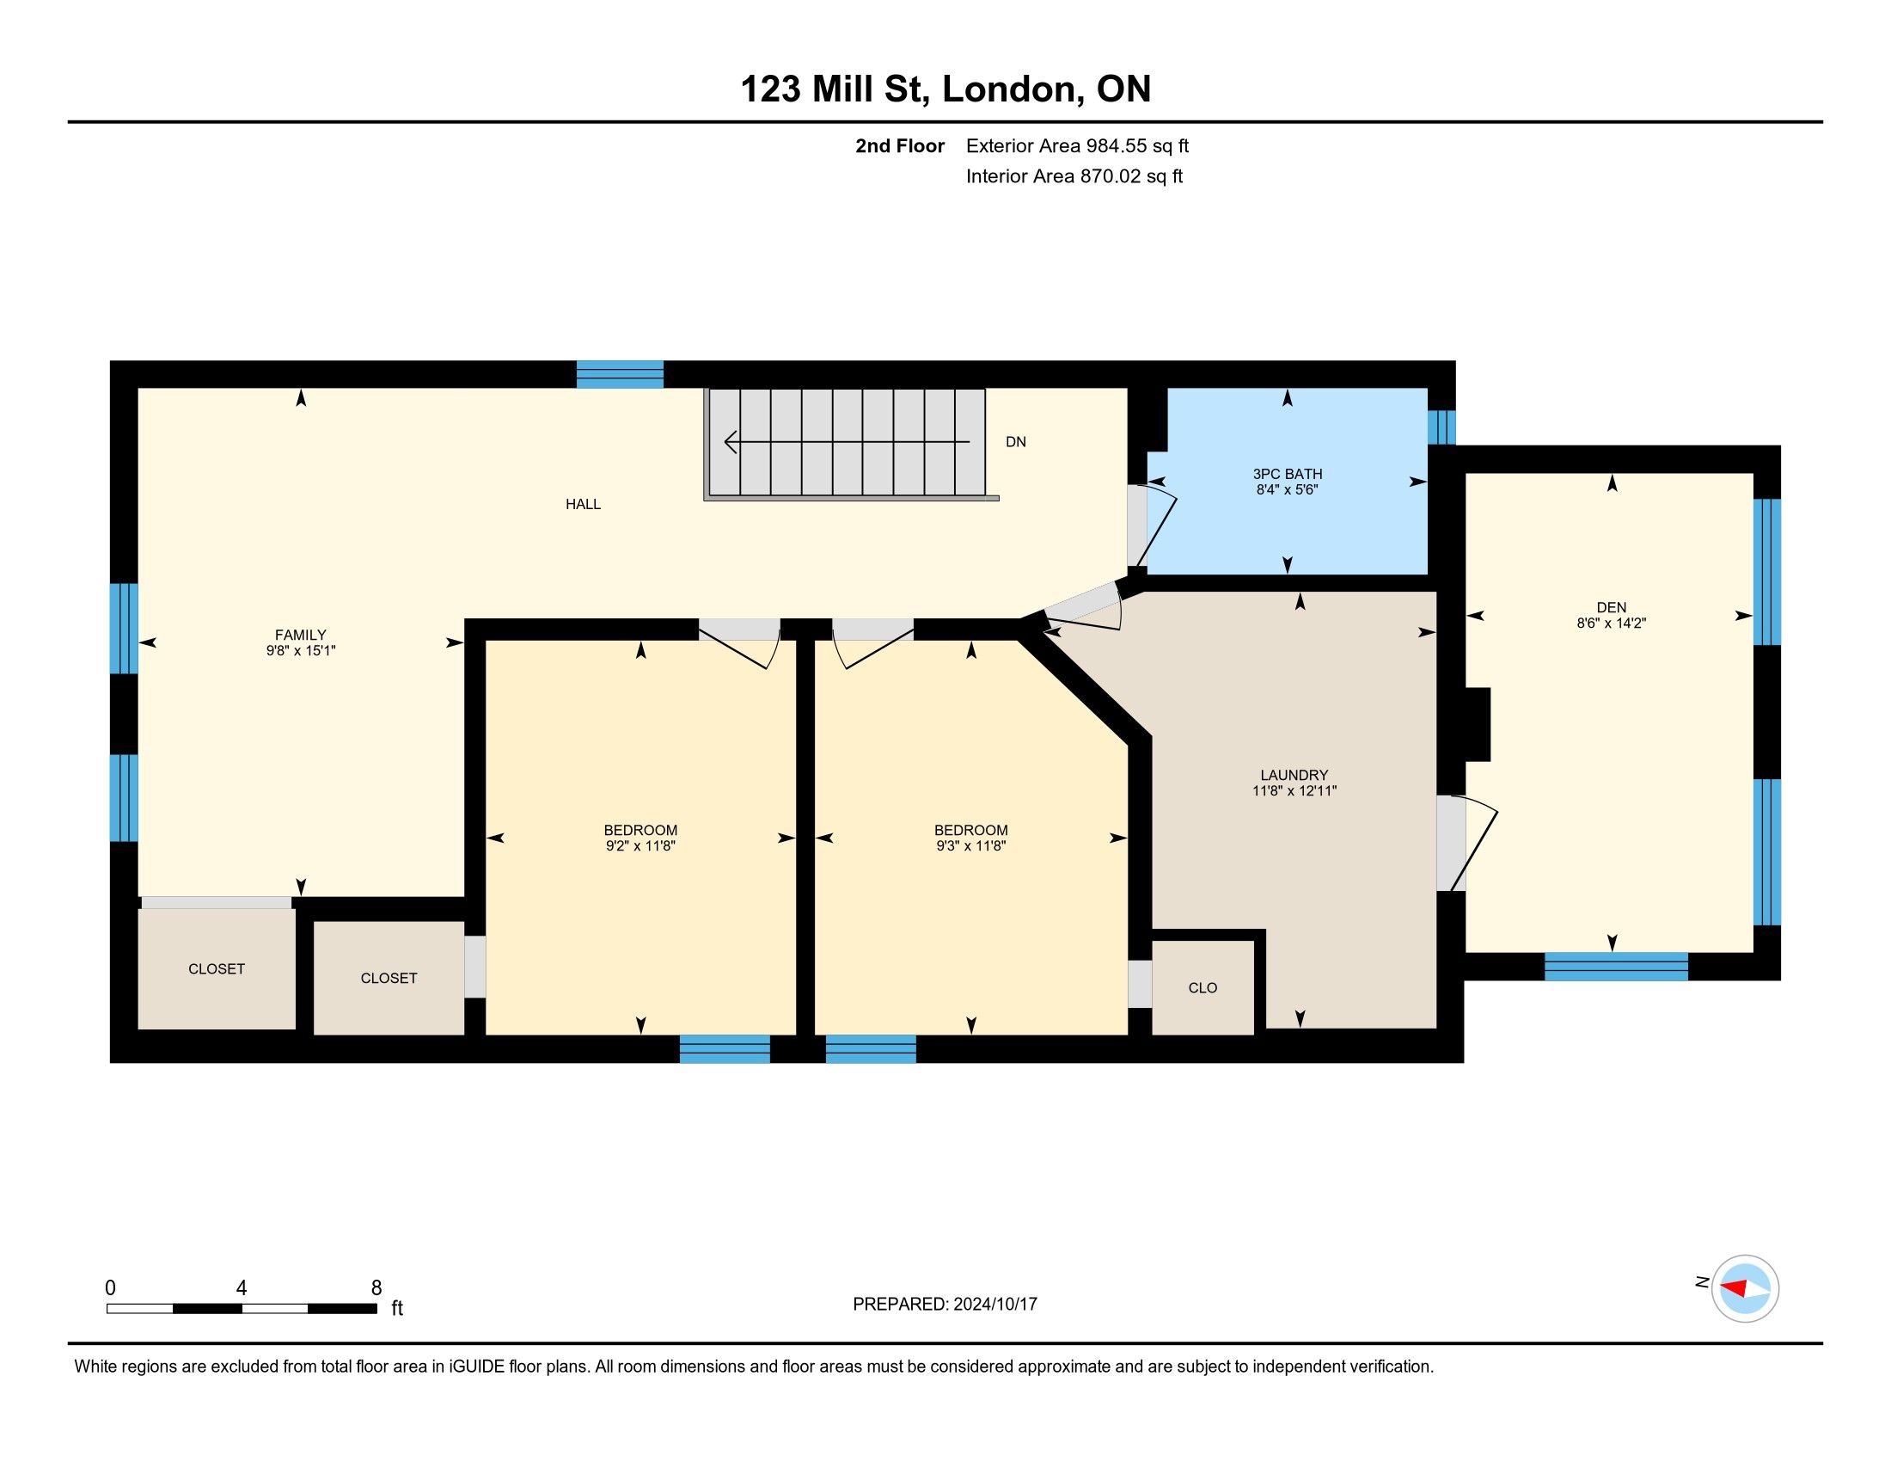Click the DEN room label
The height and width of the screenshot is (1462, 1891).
click(x=1612, y=607)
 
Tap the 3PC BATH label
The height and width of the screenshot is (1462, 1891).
click(x=1288, y=474)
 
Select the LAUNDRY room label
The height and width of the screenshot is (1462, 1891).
click(x=1294, y=775)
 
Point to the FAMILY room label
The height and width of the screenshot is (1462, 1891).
click(x=301, y=635)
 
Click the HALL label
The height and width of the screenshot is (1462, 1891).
click(x=583, y=504)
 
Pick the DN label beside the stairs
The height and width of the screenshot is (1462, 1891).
click(x=1016, y=442)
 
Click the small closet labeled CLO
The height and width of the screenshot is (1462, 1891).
click(x=1203, y=988)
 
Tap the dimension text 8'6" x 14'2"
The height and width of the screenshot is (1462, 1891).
click(x=1612, y=623)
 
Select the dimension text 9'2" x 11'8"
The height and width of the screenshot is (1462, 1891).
click(x=640, y=846)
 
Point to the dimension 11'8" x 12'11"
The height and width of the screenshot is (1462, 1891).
click(x=1294, y=790)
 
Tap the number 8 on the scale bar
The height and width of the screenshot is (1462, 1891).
click(x=376, y=1288)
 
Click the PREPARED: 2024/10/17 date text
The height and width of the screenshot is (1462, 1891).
click(x=945, y=1305)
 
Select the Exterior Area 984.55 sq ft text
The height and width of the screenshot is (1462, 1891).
click(x=1077, y=146)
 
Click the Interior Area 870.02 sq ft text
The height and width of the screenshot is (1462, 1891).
click(x=1074, y=176)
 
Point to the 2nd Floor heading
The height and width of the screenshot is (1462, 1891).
click(x=900, y=146)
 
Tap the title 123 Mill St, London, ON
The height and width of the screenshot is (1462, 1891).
click(x=945, y=89)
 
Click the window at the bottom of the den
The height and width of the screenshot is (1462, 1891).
click(x=1617, y=967)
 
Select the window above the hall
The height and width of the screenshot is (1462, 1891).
click(x=620, y=374)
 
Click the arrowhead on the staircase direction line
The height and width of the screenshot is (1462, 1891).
click(x=731, y=442)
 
